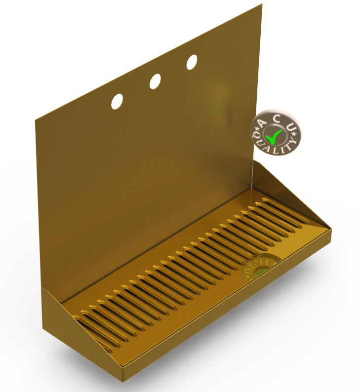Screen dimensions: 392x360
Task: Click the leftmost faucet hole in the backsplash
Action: click(x=118, y=101)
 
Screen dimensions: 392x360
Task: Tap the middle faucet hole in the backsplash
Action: click(x=155, y=81)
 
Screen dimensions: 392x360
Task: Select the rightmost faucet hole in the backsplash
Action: click(x=192, y=62)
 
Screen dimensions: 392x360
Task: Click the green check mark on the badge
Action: click(x=273, y=134)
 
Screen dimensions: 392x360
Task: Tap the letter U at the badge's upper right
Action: click(x=291, y=127)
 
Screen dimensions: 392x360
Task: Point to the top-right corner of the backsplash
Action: click(x=261, y=4)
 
